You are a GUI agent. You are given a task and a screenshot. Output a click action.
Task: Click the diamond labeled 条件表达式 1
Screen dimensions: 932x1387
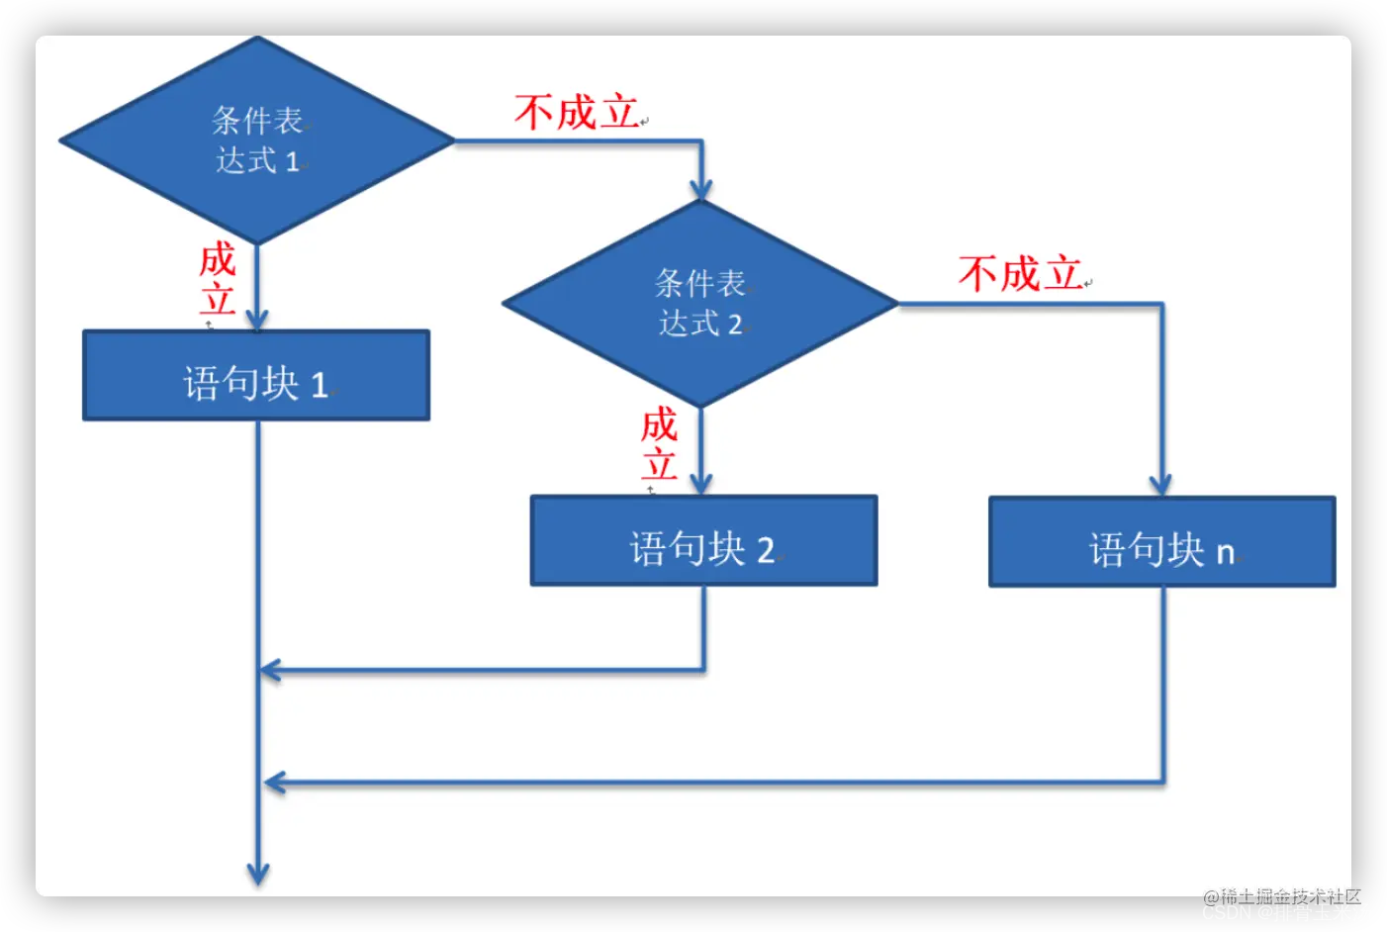(x=257, y=140)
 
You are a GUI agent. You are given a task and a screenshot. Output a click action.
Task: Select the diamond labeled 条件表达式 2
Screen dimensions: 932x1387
(x=700, y=303)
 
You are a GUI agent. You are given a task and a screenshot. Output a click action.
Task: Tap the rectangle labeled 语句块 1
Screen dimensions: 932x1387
(x=256, y=376)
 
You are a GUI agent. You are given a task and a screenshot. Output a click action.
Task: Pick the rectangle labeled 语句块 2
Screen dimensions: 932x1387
(x=703, y=541)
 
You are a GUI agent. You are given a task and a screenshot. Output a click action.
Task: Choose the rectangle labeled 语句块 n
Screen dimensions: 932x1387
(x=1162, y=542)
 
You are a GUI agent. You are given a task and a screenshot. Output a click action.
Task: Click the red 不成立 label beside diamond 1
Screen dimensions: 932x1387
(x=577, y=113)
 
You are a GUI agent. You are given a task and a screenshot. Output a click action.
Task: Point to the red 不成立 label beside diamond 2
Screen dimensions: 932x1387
(x=1020, y=274)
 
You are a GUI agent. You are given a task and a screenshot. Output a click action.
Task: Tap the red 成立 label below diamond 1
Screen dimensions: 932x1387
(x=218, y=279)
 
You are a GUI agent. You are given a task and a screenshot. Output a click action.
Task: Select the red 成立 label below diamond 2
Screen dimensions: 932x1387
(x=659, y=444)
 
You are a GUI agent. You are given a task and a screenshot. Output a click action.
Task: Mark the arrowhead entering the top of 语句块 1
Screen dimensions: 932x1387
(x=257, y=320)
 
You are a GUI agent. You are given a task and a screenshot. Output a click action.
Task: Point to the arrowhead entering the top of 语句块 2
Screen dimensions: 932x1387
(x=701, y=484)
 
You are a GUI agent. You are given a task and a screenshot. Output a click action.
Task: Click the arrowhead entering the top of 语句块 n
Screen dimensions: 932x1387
(x=1160, y=485)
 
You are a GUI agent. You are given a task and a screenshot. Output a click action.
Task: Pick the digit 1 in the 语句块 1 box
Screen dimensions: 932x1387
(x=320, y=385)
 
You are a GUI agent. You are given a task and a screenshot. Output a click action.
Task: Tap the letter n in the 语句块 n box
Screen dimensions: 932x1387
(x=1226, y=552)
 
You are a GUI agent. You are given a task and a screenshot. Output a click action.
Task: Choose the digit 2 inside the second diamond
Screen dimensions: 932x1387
(x=735, y=325)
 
